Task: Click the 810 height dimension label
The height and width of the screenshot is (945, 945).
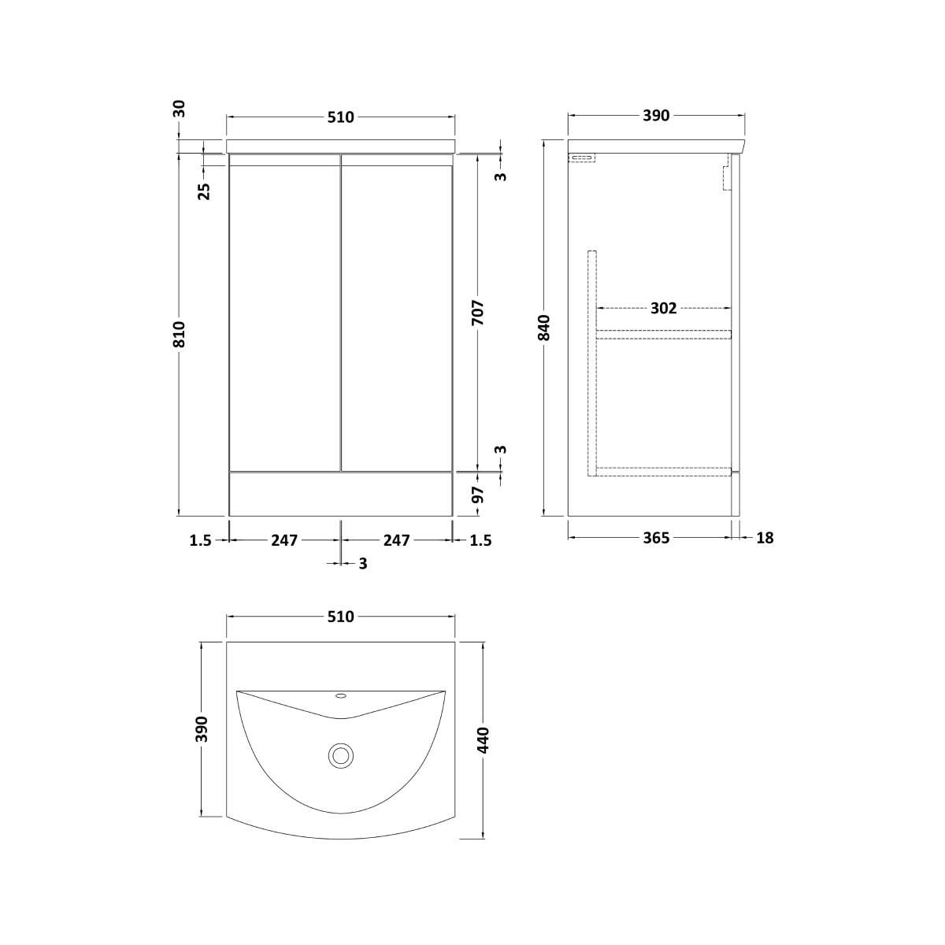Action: [180, 334]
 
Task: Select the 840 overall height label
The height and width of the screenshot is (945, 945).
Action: [543, 328]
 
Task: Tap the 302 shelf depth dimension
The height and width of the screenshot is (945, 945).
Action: [663, 308]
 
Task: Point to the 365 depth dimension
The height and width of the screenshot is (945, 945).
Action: [655, 538]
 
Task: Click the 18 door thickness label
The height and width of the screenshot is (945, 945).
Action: [764, 538]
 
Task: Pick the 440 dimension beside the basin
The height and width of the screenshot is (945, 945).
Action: [483, 741]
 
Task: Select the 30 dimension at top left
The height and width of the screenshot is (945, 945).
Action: [180, 108]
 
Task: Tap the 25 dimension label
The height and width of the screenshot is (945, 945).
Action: [204, 191]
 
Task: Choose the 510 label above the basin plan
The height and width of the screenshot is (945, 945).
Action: [340, 617]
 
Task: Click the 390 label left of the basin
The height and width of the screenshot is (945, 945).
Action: [202, 728]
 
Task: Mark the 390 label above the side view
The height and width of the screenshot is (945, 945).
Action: [655, 117]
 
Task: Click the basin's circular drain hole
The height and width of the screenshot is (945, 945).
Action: [341, 756]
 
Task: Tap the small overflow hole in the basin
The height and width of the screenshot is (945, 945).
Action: [341, 695]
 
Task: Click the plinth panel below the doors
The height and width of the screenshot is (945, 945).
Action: [340, 494]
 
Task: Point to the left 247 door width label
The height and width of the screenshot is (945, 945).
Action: [284, 540]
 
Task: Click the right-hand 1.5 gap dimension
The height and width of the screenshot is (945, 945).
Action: [480, 540]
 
